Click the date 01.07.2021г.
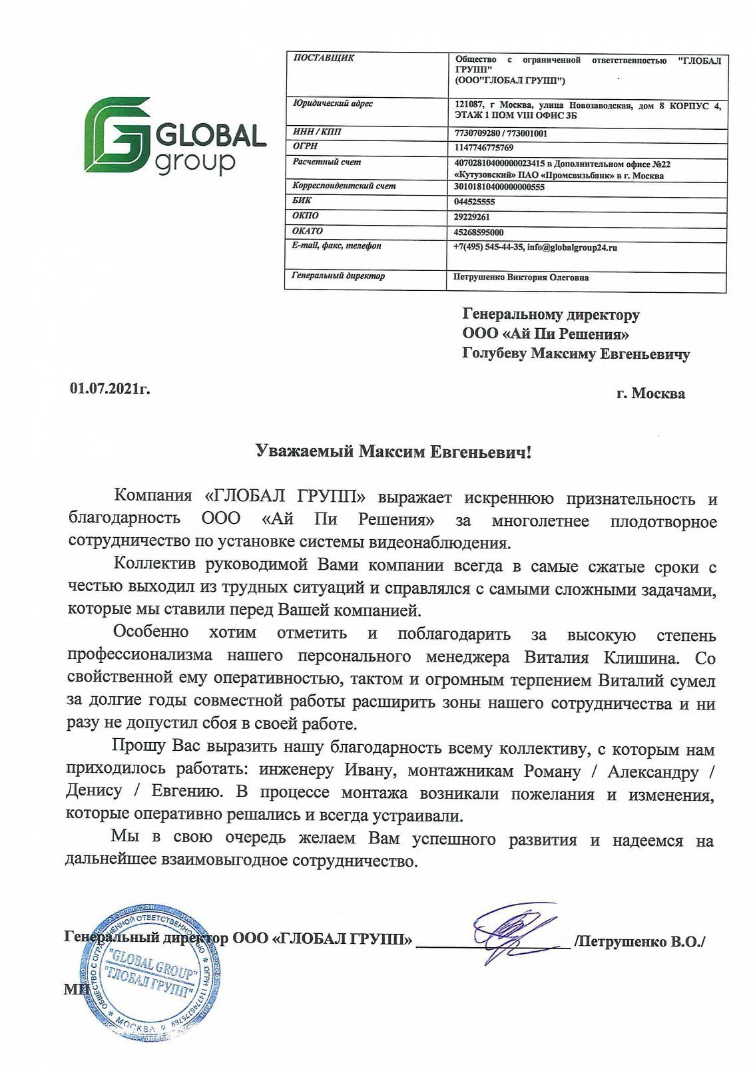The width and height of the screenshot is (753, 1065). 110,388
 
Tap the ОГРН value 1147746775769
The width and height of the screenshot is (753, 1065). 484,148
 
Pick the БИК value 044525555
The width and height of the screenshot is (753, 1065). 474,202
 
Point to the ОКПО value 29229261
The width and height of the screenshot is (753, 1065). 472,217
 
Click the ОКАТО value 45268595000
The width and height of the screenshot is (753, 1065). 479,232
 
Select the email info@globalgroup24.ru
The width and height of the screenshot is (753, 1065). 572,248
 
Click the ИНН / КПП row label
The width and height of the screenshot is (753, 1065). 317,132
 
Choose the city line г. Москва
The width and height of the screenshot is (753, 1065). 650,393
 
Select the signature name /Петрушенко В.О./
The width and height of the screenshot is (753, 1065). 639,941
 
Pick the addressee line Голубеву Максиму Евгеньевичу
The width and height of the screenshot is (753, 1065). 576,354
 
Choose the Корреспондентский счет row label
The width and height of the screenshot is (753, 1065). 344,186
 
